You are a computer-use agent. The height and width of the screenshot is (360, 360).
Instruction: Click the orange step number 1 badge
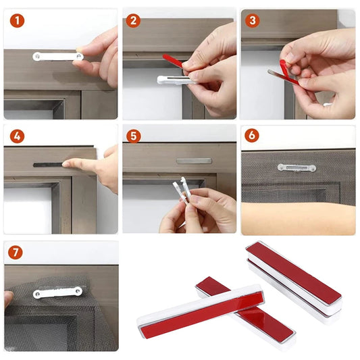tap(17, 20)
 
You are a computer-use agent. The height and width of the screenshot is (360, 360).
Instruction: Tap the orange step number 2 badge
tap(134, 20)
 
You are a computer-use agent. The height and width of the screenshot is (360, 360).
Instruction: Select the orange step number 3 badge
tap(253, 20)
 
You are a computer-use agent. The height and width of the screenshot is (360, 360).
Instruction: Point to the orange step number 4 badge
tap(17, 136)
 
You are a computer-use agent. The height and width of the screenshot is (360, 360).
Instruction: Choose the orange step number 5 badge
tap(134, 136)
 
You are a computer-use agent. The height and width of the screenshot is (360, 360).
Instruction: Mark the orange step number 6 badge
tap(253, 136)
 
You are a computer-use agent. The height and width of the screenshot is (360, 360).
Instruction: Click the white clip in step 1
tap(57, 57)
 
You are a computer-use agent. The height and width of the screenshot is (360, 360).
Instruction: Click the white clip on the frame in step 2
tap(172, 80)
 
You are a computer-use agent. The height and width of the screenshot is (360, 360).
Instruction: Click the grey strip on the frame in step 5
tap(193, 161)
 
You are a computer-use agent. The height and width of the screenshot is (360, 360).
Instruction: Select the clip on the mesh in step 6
tap(296, 167)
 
